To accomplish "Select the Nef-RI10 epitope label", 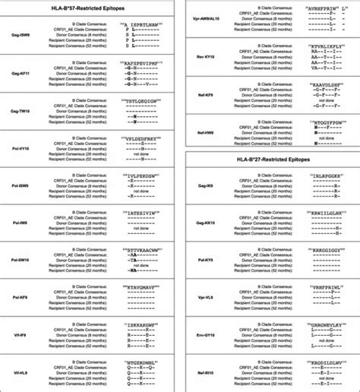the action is (x=201, y=374).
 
